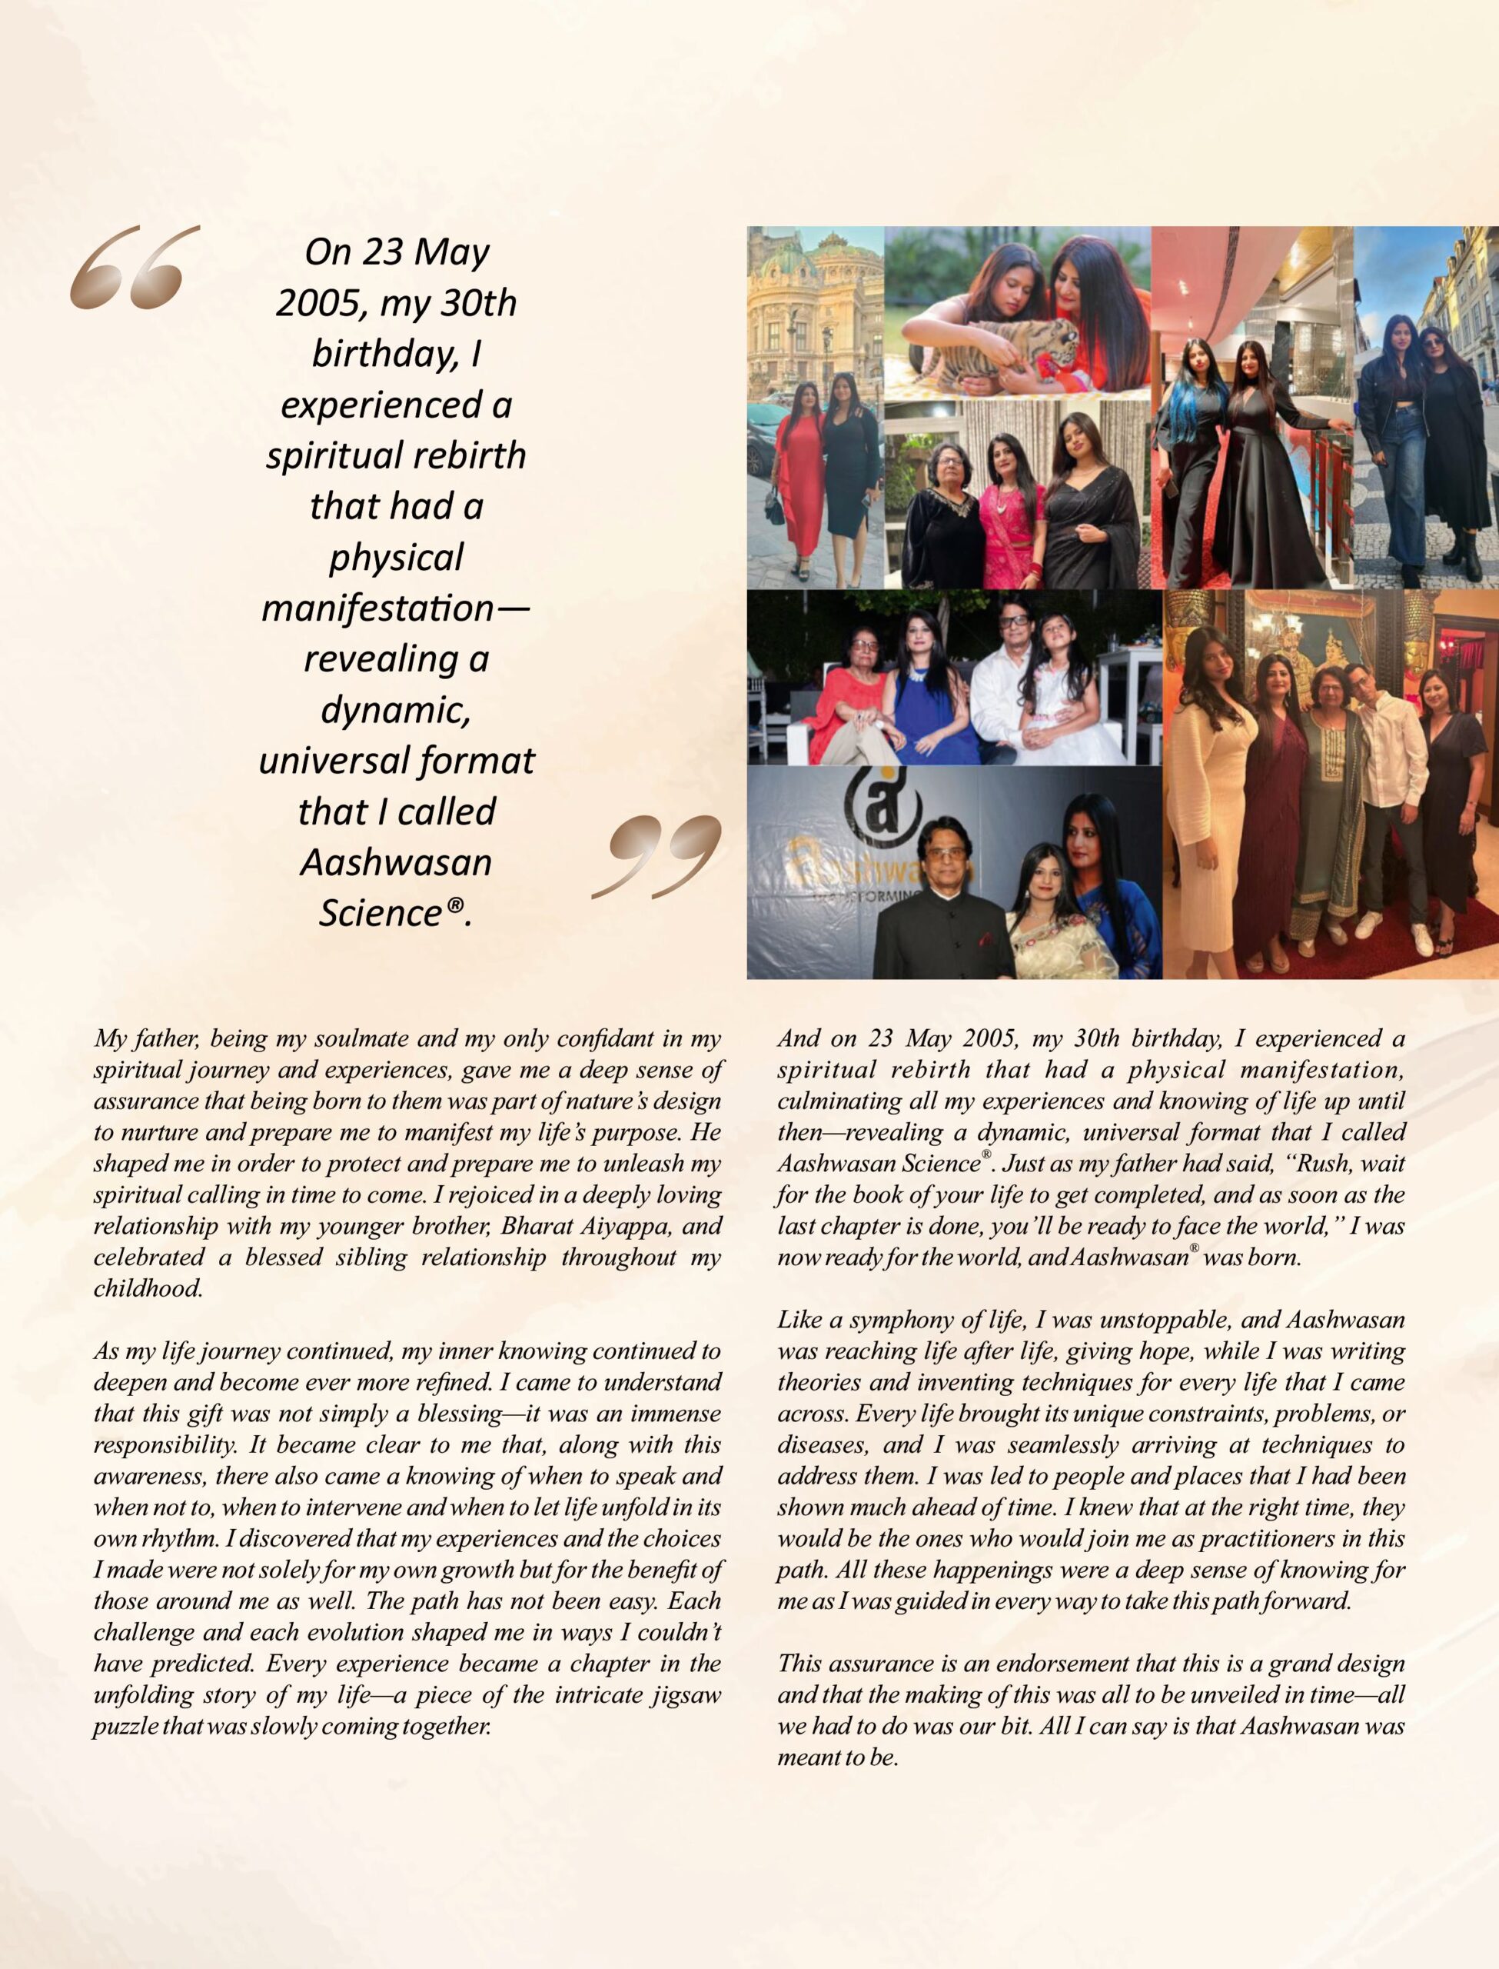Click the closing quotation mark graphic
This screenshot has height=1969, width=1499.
point(657,855)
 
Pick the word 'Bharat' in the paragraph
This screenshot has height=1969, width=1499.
point(528,1225)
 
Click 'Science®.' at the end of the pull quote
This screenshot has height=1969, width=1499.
point(395,912)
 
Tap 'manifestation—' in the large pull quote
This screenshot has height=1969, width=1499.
point(395,608)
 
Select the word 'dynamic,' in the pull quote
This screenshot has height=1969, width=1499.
point(395,710)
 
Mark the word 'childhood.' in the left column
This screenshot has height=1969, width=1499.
point(148,1288)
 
